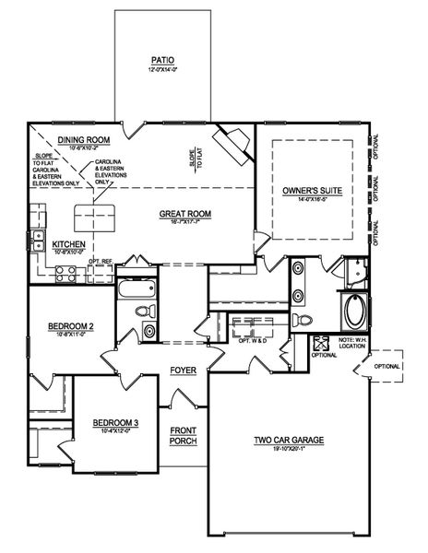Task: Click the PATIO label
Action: (x=162, y=62)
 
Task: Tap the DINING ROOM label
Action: (x=84, y=140)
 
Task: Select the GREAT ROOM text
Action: (x=185, y=214)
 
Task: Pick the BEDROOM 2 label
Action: (x=71, y=326)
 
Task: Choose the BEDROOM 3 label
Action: (x=114, y=423)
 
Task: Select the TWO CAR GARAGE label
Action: (x=289, y=441)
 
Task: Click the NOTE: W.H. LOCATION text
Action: (x=353, y=347)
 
